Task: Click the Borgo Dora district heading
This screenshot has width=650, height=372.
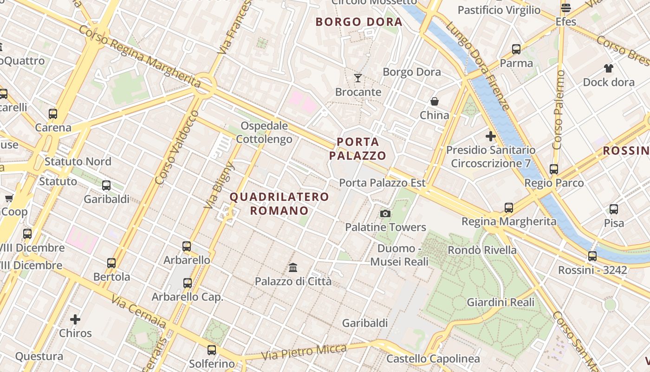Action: coord(358,22)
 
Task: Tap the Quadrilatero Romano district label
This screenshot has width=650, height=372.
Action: coord(279,204)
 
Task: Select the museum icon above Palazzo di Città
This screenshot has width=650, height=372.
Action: coord(293,268)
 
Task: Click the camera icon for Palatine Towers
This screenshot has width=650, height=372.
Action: coord(385,213)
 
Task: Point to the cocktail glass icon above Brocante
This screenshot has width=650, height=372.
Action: coord(358,78)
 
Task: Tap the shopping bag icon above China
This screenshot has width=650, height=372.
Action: coord(435,101)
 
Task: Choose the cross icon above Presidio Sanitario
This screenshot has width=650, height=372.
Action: coord(490,136)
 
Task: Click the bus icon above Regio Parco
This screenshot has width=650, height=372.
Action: coord(553,169)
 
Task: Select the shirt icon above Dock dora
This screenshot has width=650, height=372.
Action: coord(609,68)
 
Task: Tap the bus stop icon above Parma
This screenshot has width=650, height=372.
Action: coord(516,49)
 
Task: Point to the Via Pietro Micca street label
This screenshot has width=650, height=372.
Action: coord(304,352)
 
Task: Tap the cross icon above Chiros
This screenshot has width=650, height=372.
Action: coord(75,319)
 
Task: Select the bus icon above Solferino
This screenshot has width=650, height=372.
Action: coord(212,350)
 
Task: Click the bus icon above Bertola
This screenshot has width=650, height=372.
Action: coord(111,263)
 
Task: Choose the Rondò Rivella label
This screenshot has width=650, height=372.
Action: coord(482,250)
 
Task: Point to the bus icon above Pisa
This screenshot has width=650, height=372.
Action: coord(614,209)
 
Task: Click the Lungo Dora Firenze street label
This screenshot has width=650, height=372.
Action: coord(478,65)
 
